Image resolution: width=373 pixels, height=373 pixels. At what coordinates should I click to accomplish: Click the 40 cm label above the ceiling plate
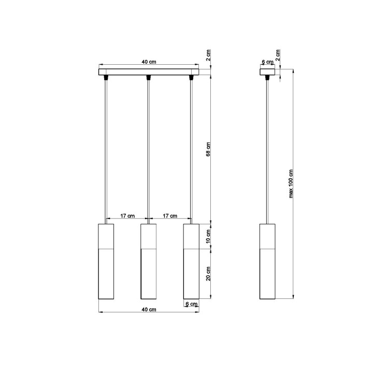[x=149, y=62]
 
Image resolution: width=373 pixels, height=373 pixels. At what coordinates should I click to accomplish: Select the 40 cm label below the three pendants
[x=149, y=309]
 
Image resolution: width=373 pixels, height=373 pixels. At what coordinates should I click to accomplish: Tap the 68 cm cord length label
[x=209, y=149]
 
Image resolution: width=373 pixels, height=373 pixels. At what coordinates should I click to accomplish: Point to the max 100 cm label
[x=291, y=184]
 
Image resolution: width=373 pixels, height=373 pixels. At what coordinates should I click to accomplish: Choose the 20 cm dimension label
[x=209, y=273]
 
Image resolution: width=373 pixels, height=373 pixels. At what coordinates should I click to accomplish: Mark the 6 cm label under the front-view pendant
[x=192, y=305]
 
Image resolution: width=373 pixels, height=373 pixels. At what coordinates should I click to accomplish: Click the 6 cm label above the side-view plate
[x=267, y=62]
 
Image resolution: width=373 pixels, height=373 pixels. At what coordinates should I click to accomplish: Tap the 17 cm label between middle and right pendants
[x=170, y=216]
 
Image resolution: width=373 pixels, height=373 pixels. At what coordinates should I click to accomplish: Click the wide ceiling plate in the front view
[x=149, y=71]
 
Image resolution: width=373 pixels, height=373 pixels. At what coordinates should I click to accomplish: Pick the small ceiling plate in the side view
[x=268, y=71]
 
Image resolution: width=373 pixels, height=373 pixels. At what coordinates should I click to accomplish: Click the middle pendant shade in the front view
[x=149, y=262]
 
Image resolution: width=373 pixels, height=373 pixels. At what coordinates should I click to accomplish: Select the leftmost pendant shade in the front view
[x=106, y=262]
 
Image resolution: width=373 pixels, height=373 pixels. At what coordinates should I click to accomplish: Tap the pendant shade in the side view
[x=268, y=262]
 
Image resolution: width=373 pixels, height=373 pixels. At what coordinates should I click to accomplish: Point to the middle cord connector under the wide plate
[x=149, y=78]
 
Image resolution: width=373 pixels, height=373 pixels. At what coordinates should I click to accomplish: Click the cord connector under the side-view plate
[x=268, y=78]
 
